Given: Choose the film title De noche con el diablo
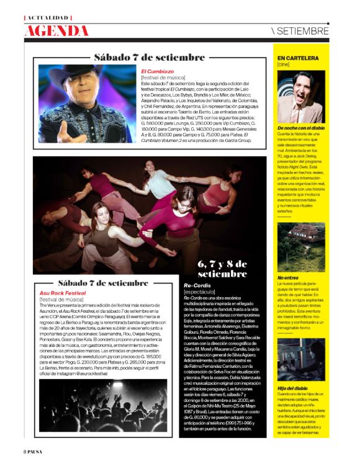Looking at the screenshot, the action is (302, 128).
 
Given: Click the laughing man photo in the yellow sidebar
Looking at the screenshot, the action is (301, 96).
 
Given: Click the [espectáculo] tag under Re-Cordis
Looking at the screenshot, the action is (199, 292).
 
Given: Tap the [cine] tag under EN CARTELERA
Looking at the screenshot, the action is (284, 65).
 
